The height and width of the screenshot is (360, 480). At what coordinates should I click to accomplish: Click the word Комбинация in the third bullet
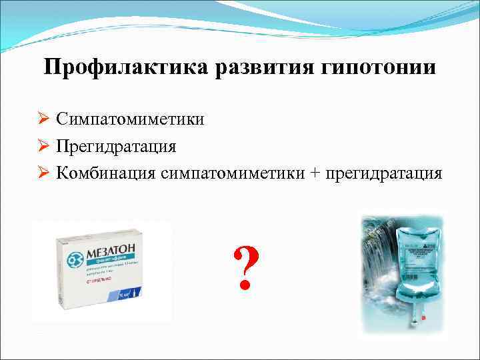point(107,173)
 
